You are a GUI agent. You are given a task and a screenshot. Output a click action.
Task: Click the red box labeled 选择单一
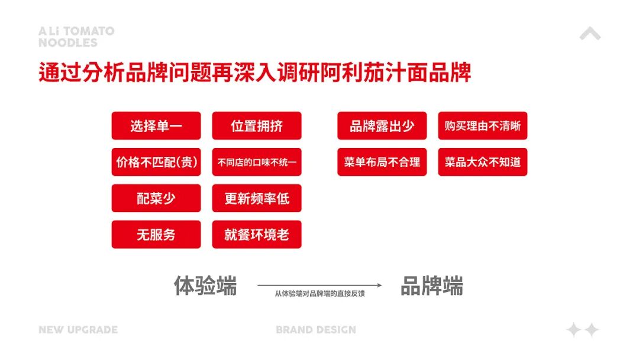click(156, 126)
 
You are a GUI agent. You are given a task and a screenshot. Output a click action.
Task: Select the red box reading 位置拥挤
click(257, 126)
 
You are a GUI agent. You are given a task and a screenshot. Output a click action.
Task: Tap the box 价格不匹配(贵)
click(156, 162)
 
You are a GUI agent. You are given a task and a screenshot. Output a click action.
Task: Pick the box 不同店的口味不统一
click(257, 162)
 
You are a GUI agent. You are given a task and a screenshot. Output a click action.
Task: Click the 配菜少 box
click(156, 198)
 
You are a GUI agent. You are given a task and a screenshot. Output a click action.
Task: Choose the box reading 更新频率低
click(257, 198)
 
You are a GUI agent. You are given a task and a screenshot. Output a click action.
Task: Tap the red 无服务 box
click(156, 234)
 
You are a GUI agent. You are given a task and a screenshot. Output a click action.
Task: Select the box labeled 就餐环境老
click(257, 234)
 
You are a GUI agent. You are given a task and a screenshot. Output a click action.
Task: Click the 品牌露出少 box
click(382, 126)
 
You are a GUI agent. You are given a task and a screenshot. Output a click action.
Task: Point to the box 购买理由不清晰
click(483, 126)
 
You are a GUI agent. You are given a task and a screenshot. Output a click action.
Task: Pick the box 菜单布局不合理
click(382, 162)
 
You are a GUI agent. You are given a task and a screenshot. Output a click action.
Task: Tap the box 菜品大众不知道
click(483, 162)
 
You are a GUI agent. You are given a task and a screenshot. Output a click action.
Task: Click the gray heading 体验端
click(205, 285)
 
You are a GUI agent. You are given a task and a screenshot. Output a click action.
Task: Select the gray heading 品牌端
click(432, 285)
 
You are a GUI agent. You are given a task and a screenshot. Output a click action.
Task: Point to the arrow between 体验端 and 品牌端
click(319, 285)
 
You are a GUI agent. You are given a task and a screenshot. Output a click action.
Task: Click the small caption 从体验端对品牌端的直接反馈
click(319, 294)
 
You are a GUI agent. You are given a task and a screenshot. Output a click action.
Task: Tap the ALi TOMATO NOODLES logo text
click(76, 37)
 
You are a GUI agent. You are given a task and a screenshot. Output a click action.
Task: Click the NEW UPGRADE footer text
click(78, 330)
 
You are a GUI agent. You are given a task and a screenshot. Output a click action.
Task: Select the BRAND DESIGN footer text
click(316, 330)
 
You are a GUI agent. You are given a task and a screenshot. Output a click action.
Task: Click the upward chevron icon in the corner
click(590, 34)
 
